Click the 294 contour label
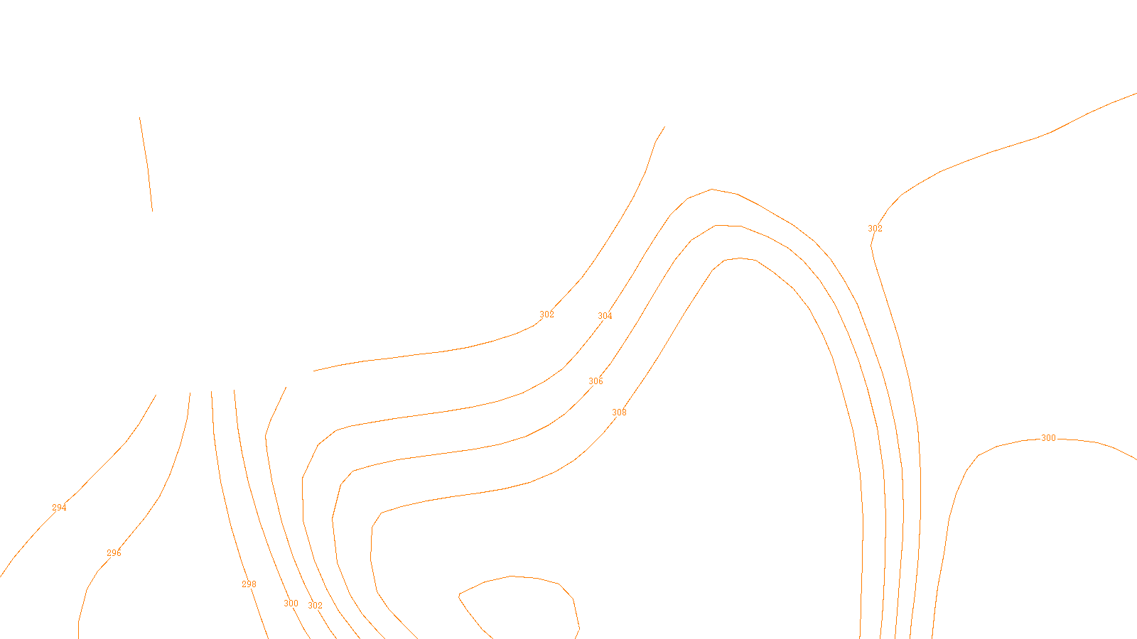coord(59,508)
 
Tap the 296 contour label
coord(114,553)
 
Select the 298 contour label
coord(249,584)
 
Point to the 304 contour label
coord(605,316)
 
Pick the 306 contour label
coord(596,381)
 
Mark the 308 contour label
coord(619,413)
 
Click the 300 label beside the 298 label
coord(291,603)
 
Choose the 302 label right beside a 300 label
coord(315,606)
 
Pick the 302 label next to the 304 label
coord(546,315)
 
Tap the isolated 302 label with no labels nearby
coord(875,229)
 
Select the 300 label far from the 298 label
coord(1048,438)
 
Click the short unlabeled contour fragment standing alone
coord(146,163)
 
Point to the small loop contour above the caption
coord(512,577)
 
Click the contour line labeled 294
coord(107,461)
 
